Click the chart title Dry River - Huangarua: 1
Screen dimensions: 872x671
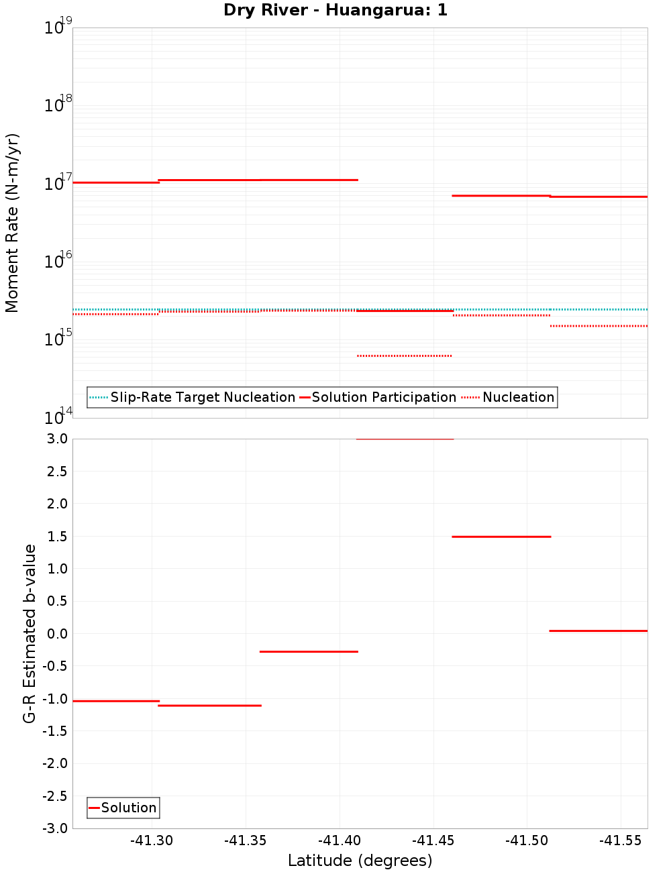point(335,11)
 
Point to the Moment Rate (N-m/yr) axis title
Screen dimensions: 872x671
point(13,223)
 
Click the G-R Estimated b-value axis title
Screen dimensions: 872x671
point(30,633)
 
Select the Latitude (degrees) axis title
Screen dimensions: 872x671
point(360,861)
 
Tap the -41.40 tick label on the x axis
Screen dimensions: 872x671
point(340,840)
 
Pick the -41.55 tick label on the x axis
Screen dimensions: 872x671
point(621,840)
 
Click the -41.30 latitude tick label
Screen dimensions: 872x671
point(152,840)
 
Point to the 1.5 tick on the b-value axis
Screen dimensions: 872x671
point(56,537)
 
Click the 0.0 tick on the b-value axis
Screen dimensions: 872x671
point(56,634)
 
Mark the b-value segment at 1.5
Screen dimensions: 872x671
point(501,537)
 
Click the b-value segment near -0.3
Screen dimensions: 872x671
point(309,651)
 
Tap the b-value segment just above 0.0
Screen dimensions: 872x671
point(598,631)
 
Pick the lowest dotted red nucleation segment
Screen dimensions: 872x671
point(405,356)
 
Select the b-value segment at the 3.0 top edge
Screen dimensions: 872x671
point(405,439)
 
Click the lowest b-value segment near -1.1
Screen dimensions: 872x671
point(209,706)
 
